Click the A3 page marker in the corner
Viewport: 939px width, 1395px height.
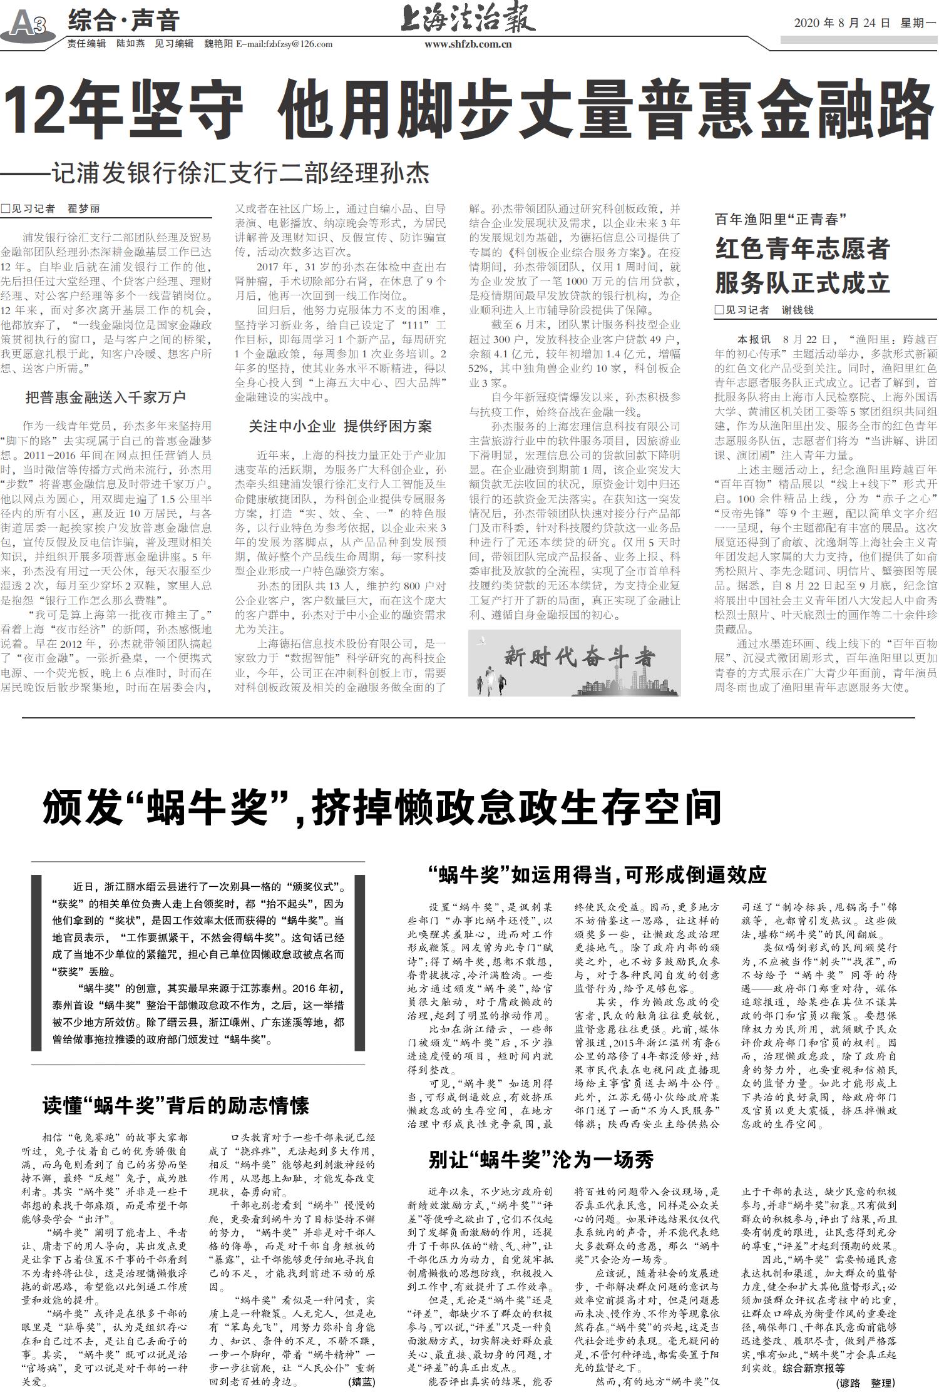28,24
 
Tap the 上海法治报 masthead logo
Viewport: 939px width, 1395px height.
468,19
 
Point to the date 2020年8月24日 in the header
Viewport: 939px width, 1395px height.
842,23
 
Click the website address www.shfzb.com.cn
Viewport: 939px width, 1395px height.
468,44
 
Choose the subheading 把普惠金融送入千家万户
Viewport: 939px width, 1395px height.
105,397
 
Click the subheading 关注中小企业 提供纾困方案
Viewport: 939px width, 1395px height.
340,426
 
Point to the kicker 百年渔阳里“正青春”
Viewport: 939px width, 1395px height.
780,219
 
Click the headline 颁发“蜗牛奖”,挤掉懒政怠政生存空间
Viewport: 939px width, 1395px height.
382,807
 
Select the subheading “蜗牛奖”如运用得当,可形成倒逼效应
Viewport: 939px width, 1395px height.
597,874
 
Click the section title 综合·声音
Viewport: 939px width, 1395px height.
123,21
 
